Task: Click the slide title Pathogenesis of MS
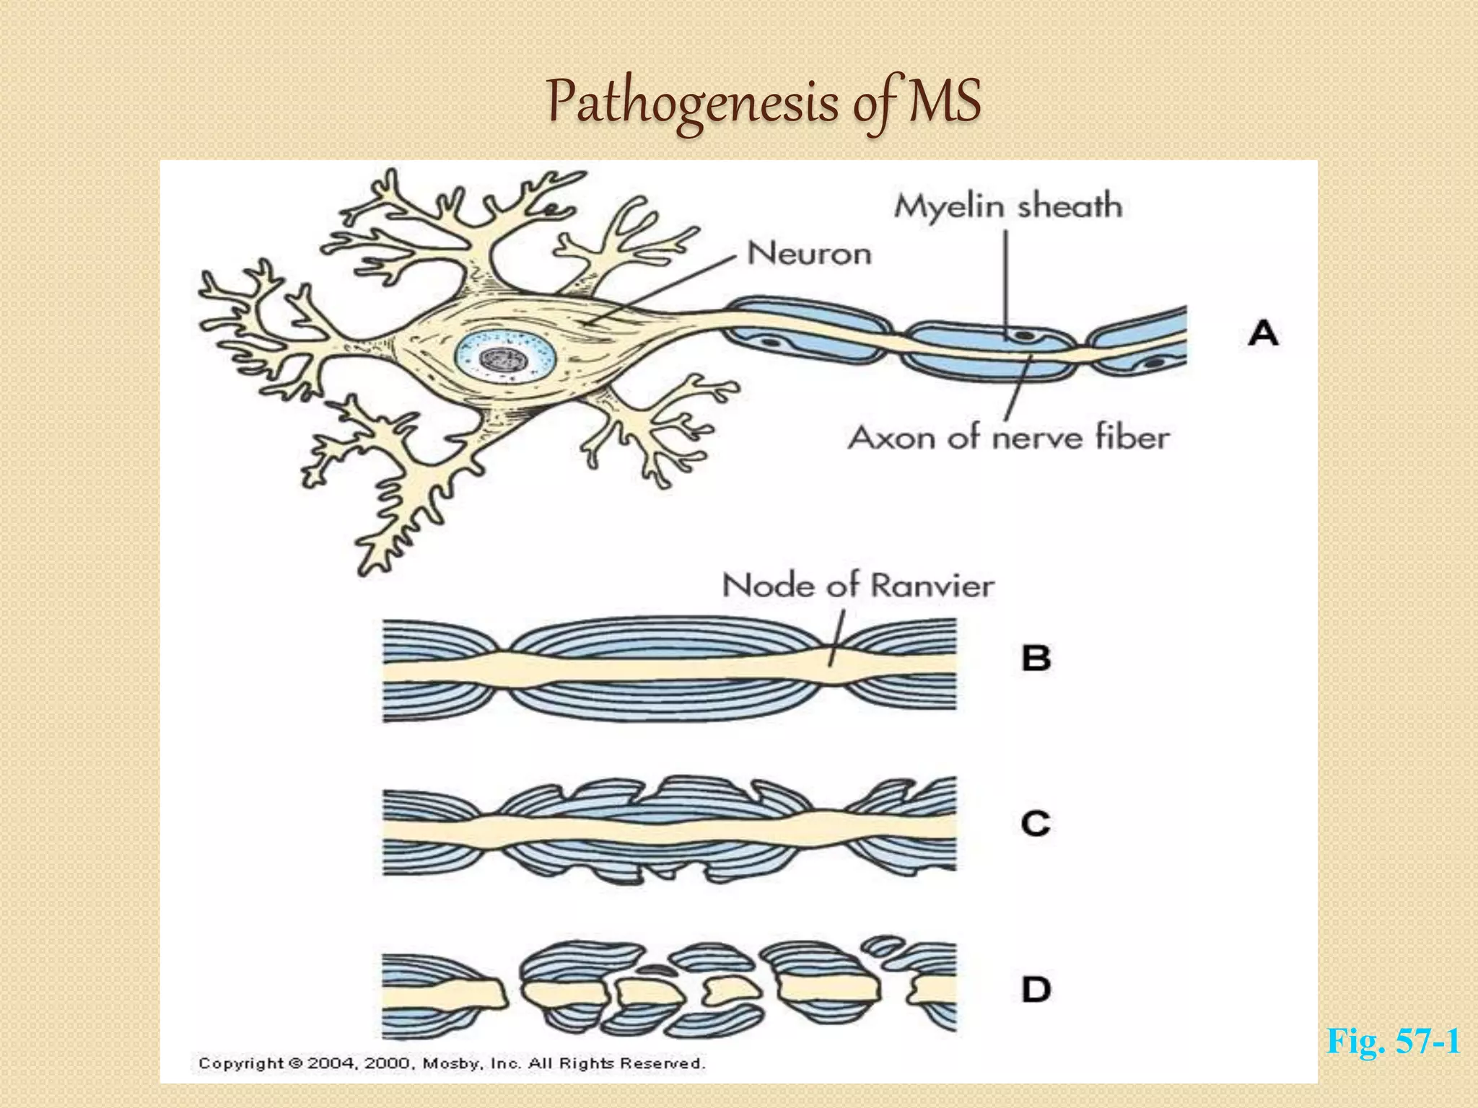tap(764, 102)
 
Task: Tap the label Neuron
tap(809, 254)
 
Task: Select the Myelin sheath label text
tap(1008, 206)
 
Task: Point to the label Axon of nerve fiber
tap(1008, 438)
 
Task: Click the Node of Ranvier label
tap(858, 585)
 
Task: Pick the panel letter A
tap(1263, 333)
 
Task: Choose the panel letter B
tap(1036, 658)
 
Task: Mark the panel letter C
tap(1036, 823)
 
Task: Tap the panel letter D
tap(1036, 988)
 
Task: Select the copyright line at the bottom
tap(452, 1063)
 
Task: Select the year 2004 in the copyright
tap(331, 1063)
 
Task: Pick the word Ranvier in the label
tap(931, 585)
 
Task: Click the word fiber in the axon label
tap(1132, 438)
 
